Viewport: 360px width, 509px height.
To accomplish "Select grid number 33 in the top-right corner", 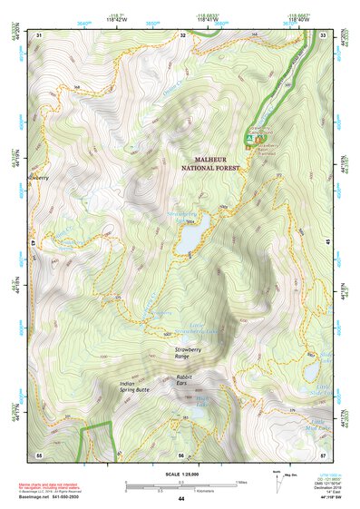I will coord(323,34).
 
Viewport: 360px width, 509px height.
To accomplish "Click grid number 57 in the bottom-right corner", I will coord(323,454).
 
